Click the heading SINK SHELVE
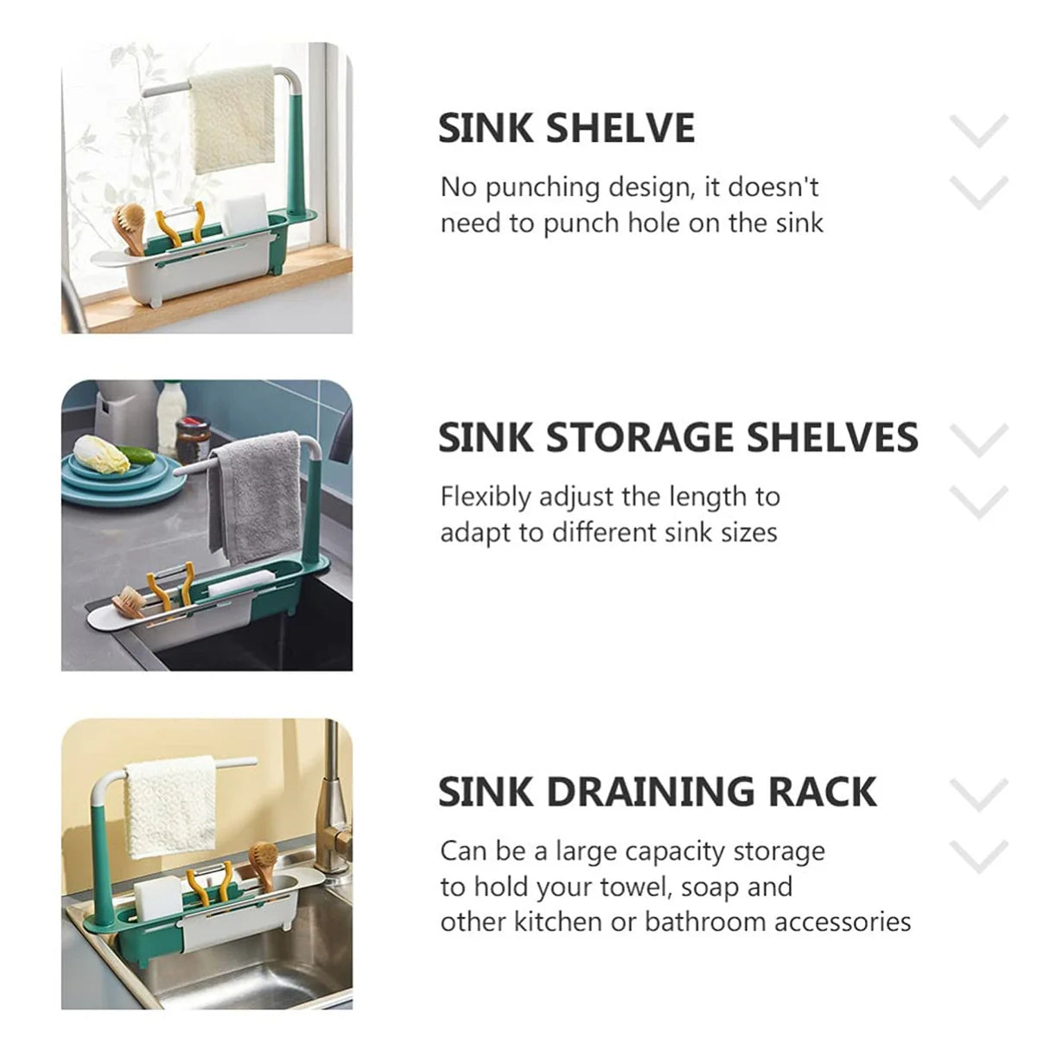566,129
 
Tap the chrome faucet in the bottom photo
333,804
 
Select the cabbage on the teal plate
99,454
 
